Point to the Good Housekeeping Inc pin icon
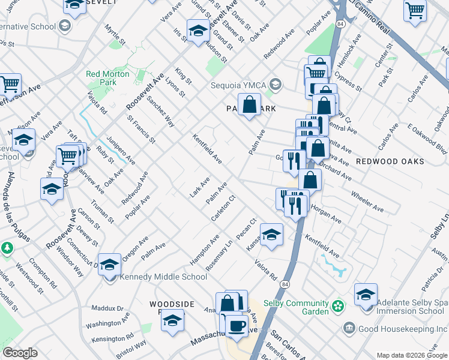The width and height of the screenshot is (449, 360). pyautogui.click(x=349, y=328)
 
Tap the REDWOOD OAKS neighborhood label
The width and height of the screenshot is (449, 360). pyautogui.click(x=390, y=161)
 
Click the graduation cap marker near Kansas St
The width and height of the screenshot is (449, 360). pyautogui.click(x=271, y=235)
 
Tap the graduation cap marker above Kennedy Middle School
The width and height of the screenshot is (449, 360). pyautogui.click(x=109, y=264)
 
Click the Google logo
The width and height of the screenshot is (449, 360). pyautogui.click(x=20, y=353)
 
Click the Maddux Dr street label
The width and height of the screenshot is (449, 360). pyautogui.click(x=107, y=308)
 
